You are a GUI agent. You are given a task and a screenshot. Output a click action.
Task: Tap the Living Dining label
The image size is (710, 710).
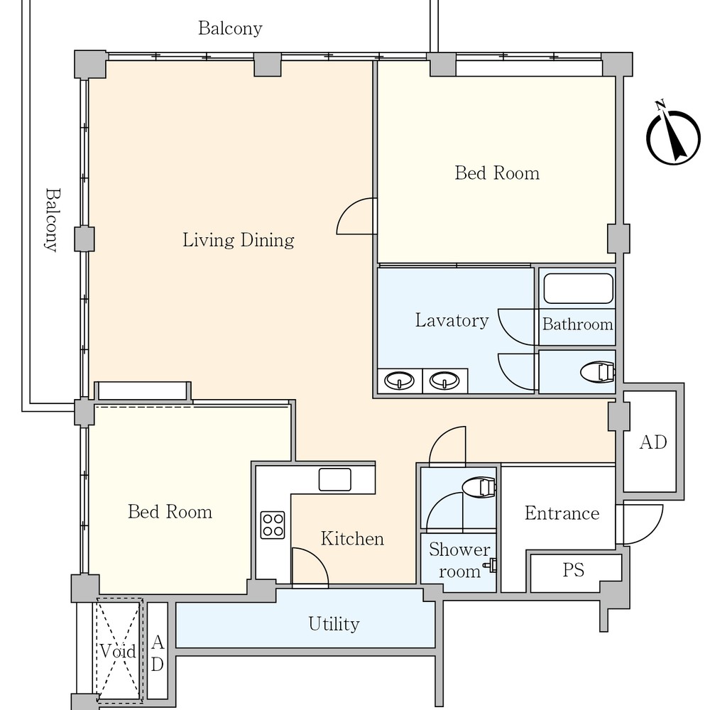point(238,240)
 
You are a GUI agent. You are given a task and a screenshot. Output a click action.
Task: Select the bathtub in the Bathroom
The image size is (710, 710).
point(578,288)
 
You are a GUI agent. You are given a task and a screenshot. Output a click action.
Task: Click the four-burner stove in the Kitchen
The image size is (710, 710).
point(273,525)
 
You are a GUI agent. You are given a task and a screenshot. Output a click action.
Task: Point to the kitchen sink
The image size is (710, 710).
point(334,479)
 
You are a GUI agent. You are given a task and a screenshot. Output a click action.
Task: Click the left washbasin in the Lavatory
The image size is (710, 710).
point(399,381)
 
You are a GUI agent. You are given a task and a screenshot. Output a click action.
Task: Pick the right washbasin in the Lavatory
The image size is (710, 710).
point(444,381)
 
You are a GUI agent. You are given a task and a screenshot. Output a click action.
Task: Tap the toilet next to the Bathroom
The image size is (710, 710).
point(598,372)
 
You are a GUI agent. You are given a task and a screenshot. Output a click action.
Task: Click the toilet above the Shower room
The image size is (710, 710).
point(479,488)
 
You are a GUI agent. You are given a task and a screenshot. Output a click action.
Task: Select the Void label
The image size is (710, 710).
point(118,652)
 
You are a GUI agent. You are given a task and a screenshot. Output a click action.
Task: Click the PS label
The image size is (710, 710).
point(573,570)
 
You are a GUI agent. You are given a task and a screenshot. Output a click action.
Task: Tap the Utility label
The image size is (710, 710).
point(334,624)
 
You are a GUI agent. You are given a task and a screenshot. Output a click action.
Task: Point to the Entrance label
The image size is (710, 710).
point(562,513)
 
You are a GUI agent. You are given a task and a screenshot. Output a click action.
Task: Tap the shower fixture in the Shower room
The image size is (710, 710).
point(491,565)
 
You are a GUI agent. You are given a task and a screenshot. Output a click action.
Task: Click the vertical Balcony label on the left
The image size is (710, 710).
point(52,220)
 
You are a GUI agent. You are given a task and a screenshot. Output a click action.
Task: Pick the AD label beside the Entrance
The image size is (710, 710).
point(653,442)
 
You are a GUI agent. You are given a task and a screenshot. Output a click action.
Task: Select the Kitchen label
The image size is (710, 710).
point(352,539)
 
